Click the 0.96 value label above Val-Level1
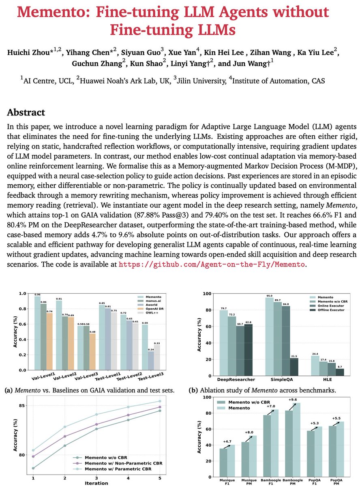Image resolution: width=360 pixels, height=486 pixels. click(x=37, y=294)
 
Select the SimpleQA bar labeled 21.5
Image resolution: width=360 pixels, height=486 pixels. click(x=295, y=367)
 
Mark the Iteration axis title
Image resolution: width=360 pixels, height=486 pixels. click(x=96, y=483)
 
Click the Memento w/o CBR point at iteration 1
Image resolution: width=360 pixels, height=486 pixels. click(x=33, y=468)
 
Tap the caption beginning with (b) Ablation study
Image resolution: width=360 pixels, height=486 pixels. click(x=269, y=390)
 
